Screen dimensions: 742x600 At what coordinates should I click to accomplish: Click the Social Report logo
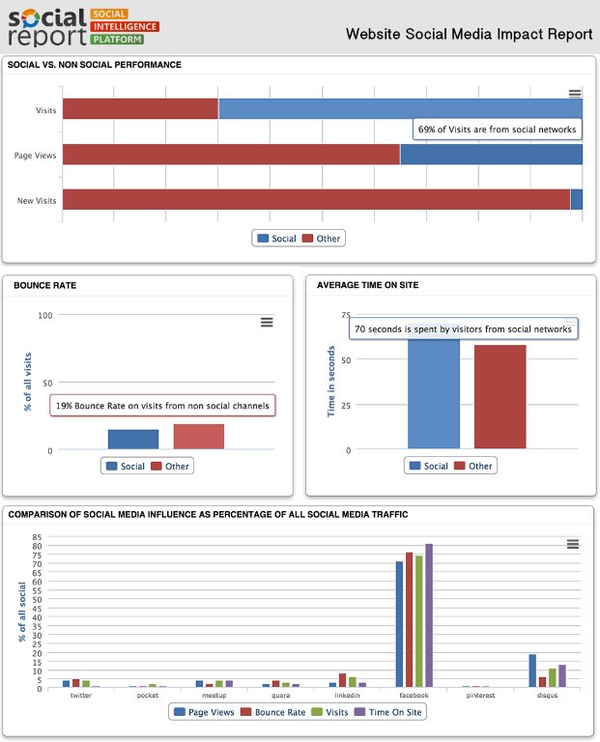click(x=75, y=26)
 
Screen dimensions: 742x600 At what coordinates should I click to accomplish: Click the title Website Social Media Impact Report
click(x=470, y=35)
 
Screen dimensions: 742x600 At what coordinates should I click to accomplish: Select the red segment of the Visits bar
click(x=140, y=109)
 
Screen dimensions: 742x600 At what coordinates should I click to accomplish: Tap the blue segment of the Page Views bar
click(x=491, y=155)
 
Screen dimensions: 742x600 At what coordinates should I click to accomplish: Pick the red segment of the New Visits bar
click(x=316, y=199)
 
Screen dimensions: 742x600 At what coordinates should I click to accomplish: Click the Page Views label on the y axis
click(x=36, y=156)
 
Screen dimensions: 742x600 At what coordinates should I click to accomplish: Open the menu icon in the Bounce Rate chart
click(x=267, y=322)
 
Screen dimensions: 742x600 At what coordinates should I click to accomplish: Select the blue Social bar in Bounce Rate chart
click(x=133, y=440)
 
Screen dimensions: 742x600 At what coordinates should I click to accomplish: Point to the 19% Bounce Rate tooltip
click(x=162, y=406)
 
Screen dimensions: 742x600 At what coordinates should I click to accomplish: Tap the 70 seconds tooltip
click(x=463, y=329)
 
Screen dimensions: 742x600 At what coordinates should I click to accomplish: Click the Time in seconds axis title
click(x=330, y=384)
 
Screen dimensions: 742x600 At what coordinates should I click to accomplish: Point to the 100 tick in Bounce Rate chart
click(x=44, y=315)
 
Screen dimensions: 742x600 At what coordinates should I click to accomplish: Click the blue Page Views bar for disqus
click(x=532, y=671)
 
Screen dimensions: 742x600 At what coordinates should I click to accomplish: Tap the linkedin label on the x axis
click(x=348, y=695)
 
